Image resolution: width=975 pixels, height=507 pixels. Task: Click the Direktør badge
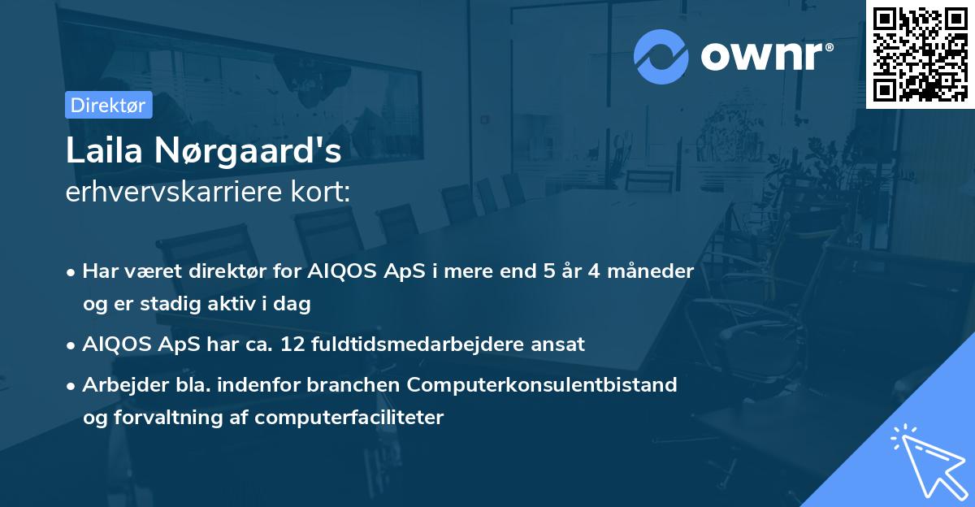coord(108,105)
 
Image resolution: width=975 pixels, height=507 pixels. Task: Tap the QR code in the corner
coord(920,54)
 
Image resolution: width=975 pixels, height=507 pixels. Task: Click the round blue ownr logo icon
coord(661,57)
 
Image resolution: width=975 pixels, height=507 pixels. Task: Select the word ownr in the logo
coord(762,56)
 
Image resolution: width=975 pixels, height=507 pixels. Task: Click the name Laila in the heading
coord(104,150)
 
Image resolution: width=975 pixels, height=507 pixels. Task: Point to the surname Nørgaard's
coord(248,151)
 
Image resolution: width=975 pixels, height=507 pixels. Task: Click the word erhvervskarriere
coord(174,192)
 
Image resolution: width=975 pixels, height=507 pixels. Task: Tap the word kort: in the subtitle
coord(320,192)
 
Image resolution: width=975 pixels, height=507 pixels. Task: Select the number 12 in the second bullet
coord(292,344)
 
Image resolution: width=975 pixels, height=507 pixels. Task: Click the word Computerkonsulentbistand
coord(542,385)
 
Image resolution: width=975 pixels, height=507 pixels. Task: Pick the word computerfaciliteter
coord(349,418)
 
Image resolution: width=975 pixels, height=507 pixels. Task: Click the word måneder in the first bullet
coord(650,271)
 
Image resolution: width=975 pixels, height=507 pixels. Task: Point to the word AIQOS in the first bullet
coord(342,271)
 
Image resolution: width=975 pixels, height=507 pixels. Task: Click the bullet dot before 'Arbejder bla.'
coord(71,386)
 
